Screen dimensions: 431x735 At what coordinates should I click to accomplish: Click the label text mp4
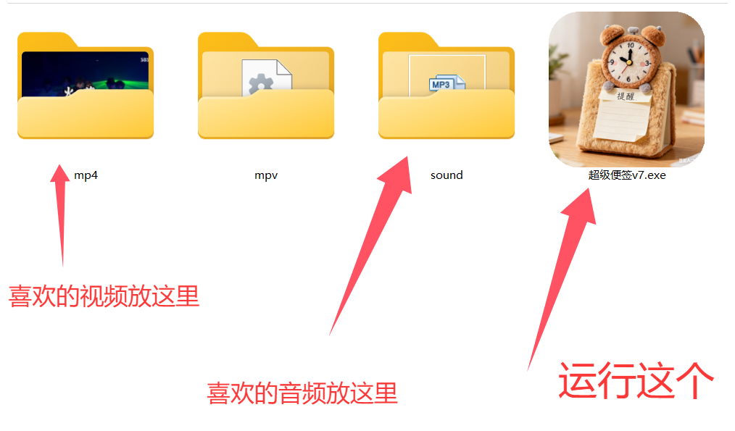(86, 175)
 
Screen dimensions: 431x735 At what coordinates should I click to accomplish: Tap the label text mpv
(266, 175)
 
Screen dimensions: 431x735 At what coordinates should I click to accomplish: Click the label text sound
(447, 175)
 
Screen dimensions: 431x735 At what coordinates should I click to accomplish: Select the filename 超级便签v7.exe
(626, 175)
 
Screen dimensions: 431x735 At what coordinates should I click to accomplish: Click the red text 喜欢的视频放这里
(104, 296)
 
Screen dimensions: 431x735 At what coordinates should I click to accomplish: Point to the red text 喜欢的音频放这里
(302, 393)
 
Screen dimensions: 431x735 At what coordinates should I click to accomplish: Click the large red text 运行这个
(636, 380)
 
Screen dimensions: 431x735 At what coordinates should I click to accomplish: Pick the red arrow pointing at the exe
(562, 275)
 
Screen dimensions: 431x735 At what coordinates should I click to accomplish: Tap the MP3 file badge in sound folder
(441, 84)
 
